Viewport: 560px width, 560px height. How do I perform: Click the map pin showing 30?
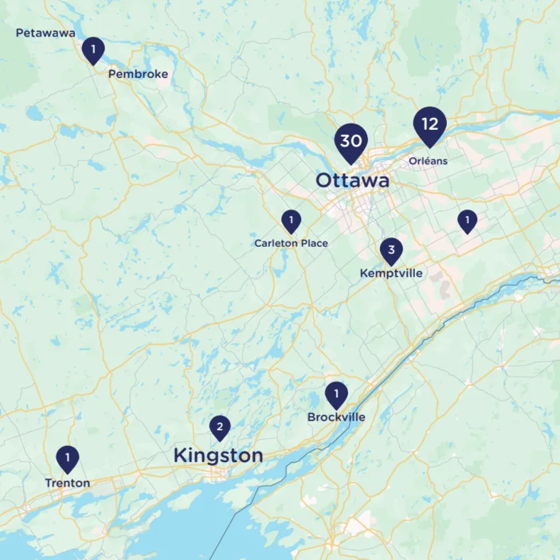pos(350,141)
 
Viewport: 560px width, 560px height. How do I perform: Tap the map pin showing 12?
pos(430,124)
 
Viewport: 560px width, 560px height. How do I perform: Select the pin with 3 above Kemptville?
pos(390,251)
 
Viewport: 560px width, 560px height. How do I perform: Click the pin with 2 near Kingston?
pos(220,428)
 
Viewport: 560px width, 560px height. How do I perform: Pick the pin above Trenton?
pos(68,458)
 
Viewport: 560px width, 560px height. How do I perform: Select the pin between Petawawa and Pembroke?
pos(93,50)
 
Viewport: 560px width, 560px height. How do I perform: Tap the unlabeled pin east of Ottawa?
pos(467,220)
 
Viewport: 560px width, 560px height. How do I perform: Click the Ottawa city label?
pos(352,181)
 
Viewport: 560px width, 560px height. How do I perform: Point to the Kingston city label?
pos(217,456)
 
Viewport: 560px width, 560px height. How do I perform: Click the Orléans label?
pos(428,161)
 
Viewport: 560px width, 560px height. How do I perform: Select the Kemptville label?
pos(391,273)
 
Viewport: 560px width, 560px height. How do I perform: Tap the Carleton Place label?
pos(291,243)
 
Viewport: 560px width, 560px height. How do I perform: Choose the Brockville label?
pos(336,417)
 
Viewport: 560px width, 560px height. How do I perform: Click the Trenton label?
pos(67,483)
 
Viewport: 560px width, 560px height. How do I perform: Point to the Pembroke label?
pos(138,74)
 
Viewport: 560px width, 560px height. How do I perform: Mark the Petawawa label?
pos(45,33)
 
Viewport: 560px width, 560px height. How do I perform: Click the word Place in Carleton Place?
pos(313,243)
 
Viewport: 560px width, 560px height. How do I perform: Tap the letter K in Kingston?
pos(180,456)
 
